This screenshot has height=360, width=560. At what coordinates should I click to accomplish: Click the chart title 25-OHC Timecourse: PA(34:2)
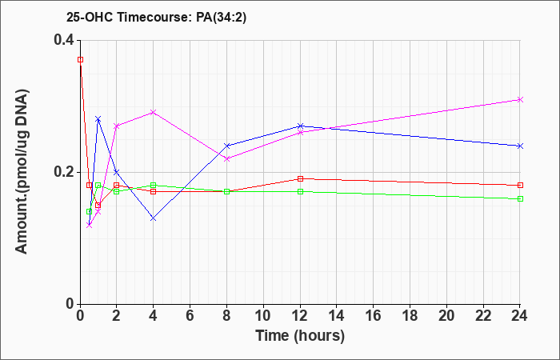click(157, 18)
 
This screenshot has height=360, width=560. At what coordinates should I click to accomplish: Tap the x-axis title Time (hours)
click(300, 336)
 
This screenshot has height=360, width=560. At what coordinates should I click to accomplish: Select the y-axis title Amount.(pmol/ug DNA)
click(22, 171)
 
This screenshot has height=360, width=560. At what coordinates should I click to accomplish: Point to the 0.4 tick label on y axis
click(64, 40)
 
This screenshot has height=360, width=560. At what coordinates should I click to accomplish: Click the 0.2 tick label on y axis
click(64, 172)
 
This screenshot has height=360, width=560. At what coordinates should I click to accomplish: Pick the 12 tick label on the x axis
click(300, 315)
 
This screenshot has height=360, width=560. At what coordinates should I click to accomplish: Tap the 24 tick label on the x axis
click(520, 315)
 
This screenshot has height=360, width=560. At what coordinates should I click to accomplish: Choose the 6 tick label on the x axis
click(190, 315)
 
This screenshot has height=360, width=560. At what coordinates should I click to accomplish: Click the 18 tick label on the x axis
click(410, 315)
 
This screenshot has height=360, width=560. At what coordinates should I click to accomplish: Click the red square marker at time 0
click(80, 60)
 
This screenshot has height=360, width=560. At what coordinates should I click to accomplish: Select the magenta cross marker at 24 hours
click(520, 100)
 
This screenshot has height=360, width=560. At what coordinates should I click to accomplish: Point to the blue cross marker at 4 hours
click(154, 218)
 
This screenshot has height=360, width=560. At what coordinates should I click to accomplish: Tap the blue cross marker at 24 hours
click(520, 146)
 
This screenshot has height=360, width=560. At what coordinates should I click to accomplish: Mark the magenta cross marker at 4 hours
click(154, 113)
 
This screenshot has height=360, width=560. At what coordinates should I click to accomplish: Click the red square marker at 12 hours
click(300, 178)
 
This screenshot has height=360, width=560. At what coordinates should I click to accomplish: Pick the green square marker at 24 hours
click(520, 198)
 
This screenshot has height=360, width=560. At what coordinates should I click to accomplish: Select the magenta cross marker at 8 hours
click(226, 159)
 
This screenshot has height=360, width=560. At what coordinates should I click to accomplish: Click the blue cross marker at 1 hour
click(98, 119)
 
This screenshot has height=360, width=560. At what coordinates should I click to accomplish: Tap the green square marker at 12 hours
click(300, 191)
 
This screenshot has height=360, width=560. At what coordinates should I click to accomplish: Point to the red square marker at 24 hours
click(520, 185)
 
